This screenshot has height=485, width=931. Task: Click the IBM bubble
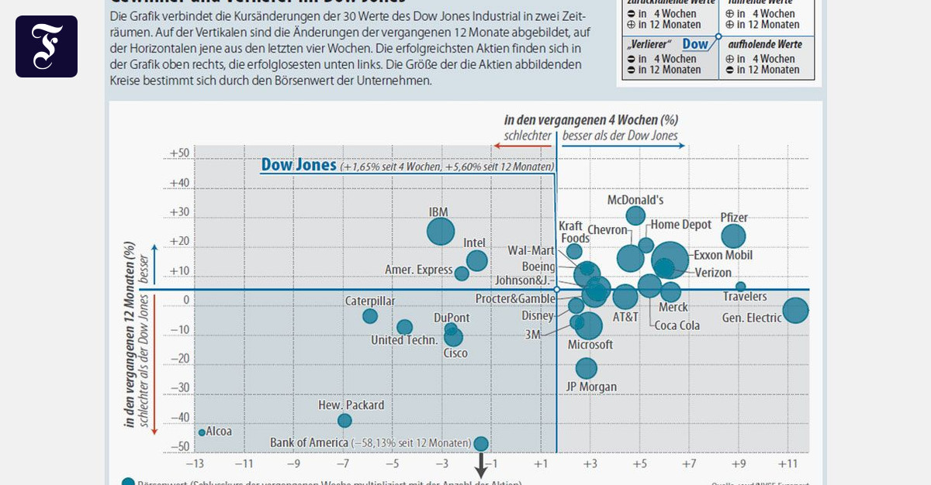[441, 231]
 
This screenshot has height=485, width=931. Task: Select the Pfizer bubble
[733, 236]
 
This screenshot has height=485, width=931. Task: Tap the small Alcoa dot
[202, 432]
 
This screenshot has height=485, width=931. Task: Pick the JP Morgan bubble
[587, 368]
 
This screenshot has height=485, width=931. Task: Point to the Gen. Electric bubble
[795, 310]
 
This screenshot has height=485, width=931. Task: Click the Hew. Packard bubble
[344, 421]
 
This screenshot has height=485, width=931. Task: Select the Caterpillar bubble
[370, 316]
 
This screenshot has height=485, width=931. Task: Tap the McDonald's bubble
[636, 215]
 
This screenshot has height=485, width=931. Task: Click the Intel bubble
[477, 261]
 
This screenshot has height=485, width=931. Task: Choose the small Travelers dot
[741, 286]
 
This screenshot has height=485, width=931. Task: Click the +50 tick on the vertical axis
[179, 154]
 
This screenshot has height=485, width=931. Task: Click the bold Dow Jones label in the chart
[299, 165]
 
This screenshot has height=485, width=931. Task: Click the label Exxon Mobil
[722, 255]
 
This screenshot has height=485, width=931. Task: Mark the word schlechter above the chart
[528, 136]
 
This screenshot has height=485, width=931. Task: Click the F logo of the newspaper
[47, 46]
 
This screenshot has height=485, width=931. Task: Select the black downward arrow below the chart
[481, 467]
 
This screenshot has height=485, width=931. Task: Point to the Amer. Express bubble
[462, 273]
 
